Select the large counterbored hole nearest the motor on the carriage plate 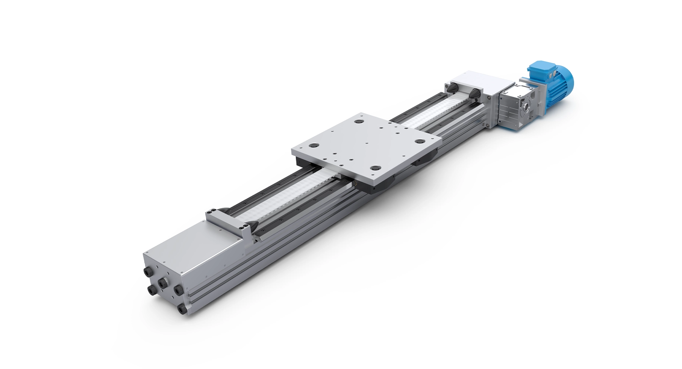pos(419,141)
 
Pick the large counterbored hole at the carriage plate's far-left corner pos(313,145)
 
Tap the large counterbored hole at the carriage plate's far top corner pos(357,122)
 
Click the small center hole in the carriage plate pos(367,143)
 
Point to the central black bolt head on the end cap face pos(163,283)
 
